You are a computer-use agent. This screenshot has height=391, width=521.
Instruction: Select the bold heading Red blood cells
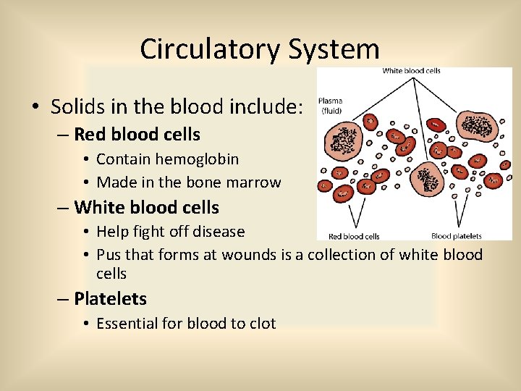137,135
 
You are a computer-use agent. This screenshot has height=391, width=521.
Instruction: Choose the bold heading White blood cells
146,208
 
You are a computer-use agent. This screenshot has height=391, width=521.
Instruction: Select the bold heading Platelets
110,299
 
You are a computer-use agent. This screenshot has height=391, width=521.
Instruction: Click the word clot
261,324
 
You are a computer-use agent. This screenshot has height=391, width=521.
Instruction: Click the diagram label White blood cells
411,71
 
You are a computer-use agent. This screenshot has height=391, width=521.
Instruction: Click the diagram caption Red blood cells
354,236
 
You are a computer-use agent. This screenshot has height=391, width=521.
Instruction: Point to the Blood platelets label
456,236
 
